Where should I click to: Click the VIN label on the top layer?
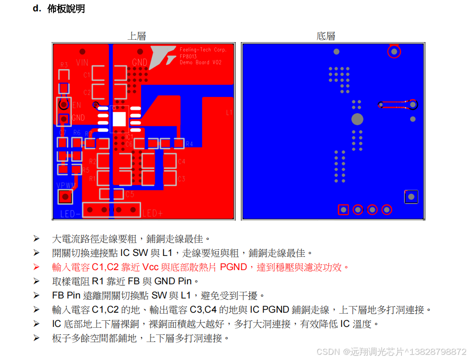tap(82, 62)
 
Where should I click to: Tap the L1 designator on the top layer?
tap(229, 113)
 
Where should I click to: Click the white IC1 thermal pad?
tap(119, 119)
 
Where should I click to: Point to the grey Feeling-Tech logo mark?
tap(162, 57)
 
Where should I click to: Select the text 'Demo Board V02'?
tap(200, 62)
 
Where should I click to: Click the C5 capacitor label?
tap(130, 194)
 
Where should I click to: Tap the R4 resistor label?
tap(189, 144)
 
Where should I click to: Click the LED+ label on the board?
tap(152, 214)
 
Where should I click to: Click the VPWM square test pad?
tap(65, 197)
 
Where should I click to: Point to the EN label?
tap(76, 105)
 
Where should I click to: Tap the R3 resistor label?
tap(64, 65)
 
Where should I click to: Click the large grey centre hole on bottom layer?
tap(357, 119)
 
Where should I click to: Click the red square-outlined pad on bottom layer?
tap(344, 209)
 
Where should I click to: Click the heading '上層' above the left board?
tap(136, 36)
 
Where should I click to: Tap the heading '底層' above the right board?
tap(326, 36)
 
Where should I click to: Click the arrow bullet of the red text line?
tap(36, 267)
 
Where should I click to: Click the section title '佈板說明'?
tap(66, 9)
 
